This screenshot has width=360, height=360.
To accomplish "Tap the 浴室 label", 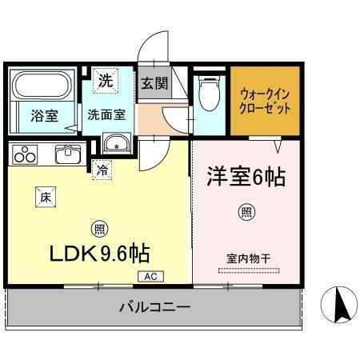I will tap(45, 115).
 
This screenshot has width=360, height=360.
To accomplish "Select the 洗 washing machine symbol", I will tap(106, 80).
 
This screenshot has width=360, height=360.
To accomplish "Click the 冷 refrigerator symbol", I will tap(102, 169).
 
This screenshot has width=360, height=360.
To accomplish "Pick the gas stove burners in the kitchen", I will tap(24, 153).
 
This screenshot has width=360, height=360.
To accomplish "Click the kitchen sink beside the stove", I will tap(66, 153).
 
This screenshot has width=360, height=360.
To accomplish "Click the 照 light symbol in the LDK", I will tap(98, 226).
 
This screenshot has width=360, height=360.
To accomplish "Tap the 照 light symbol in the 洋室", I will tap(247, 213).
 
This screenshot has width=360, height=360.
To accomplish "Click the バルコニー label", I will tap(155, 306).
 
